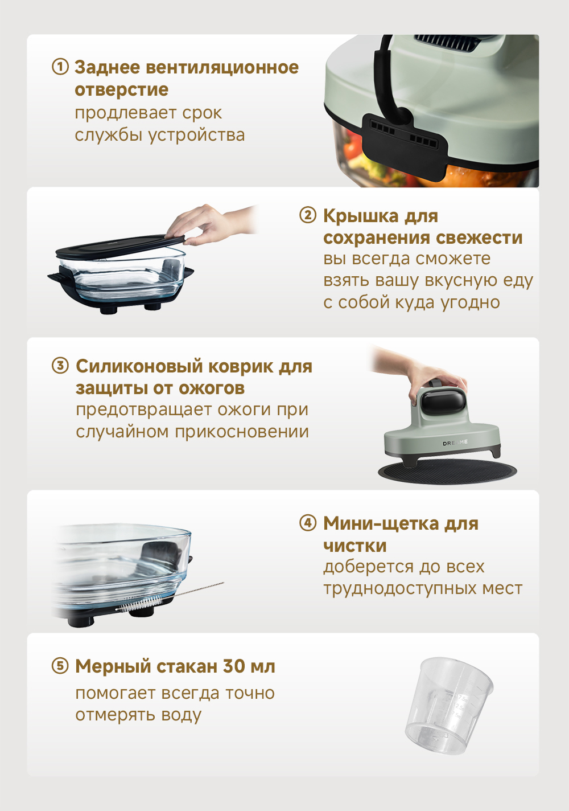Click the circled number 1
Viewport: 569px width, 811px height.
click(60, 67)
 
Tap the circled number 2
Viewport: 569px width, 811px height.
click(308, 215)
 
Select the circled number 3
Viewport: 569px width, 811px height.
click(60, 366)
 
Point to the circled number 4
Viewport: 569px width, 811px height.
click(308, 523)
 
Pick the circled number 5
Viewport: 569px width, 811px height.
click(60, 666)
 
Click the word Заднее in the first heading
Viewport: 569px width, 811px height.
click(107, 68)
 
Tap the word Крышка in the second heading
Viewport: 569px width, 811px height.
click(361, 216)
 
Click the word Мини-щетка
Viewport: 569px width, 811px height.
click(381, 524)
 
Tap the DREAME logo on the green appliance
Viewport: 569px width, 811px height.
click(455, 443)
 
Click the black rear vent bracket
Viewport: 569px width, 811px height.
click(405, 145)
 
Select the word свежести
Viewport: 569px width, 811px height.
click(479, 238)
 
